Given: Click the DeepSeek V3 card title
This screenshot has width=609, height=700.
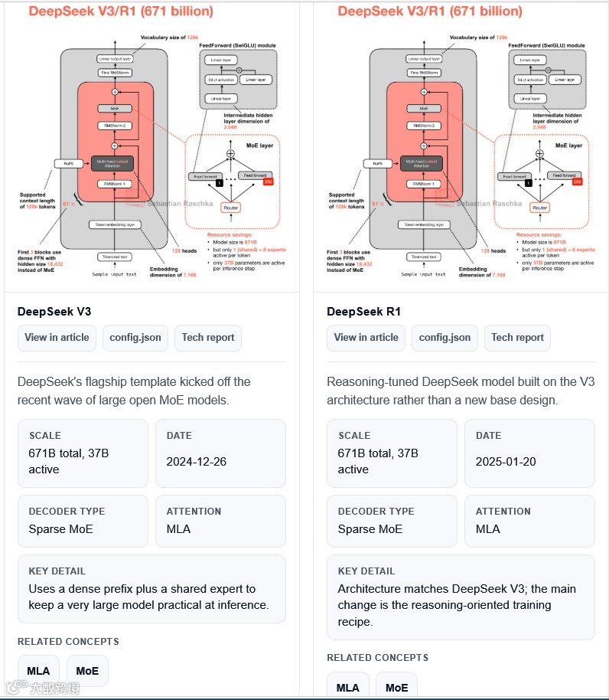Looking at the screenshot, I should click(54, 312).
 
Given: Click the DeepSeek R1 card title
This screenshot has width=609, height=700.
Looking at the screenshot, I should click(363, 312).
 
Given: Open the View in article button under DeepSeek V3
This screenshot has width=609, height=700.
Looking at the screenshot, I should click(57, 337).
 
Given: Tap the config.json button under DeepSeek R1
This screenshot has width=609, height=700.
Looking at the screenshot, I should click(445, 337).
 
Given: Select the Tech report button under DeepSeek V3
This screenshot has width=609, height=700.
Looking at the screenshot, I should click(208, 337).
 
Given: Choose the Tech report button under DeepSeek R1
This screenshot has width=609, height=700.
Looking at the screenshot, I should click(517, 337).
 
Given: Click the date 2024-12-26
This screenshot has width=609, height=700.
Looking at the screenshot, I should click(197, 462).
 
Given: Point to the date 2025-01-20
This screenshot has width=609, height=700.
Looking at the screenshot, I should click(506, 462).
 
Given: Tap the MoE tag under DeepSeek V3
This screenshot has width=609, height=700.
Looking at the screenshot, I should click(87, 671).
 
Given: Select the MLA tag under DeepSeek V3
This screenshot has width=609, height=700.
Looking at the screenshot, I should click(38, 671).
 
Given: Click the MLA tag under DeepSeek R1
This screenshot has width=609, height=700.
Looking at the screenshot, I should click(347, 687).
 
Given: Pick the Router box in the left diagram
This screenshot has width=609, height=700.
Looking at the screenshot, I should click(230, 208).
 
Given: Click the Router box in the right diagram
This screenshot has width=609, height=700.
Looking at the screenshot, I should click(540, 208).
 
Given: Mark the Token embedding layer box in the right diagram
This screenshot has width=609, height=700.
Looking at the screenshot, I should click(425, 224).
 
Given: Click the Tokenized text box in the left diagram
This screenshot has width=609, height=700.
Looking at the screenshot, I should click(115, 257).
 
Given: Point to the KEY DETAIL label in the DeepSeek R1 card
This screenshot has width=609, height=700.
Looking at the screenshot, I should click(364, 571).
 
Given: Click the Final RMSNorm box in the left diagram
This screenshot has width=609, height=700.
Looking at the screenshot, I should click(115, 72).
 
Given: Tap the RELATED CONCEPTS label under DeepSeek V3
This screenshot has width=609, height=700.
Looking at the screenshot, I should click(68, 642).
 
